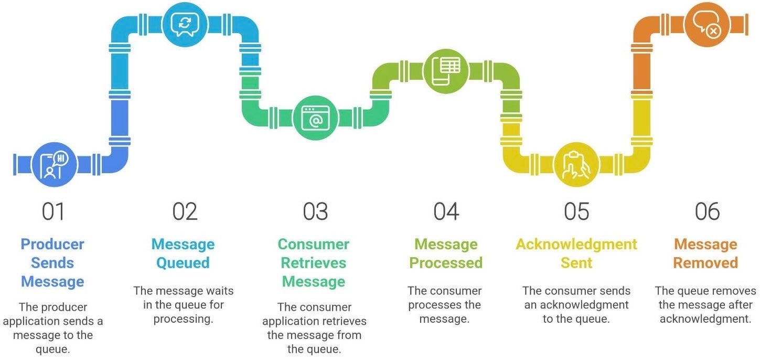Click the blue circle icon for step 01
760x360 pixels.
[x=54, y=164]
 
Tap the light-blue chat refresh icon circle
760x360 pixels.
[x=185, y=24]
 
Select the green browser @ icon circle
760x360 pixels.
[x=315, y=118]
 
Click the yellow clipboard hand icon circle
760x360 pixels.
[x=576, y=164]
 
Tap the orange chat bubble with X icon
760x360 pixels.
[x=707, y=24]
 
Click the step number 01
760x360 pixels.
[x=53, y=211]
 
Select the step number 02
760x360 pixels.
[x=185, y=211]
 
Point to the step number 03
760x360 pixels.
[x=315, y=211]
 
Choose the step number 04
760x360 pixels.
[x=446, y=211]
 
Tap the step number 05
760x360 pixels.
[x=576, y=211]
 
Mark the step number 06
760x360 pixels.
[x=707, y=211]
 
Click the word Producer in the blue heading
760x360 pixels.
[x=52, y=245]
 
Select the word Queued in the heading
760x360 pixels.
[x=183, y=263]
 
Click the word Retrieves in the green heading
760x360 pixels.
[x=313, y=263]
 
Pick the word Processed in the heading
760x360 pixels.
[x=446, y=263]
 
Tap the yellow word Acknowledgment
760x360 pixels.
[x=576, y=245]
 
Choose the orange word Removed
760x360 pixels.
[x=705, y=263]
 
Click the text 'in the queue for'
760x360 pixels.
[x=184, y=305]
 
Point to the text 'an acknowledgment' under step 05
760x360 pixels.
[x=576, y=305]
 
